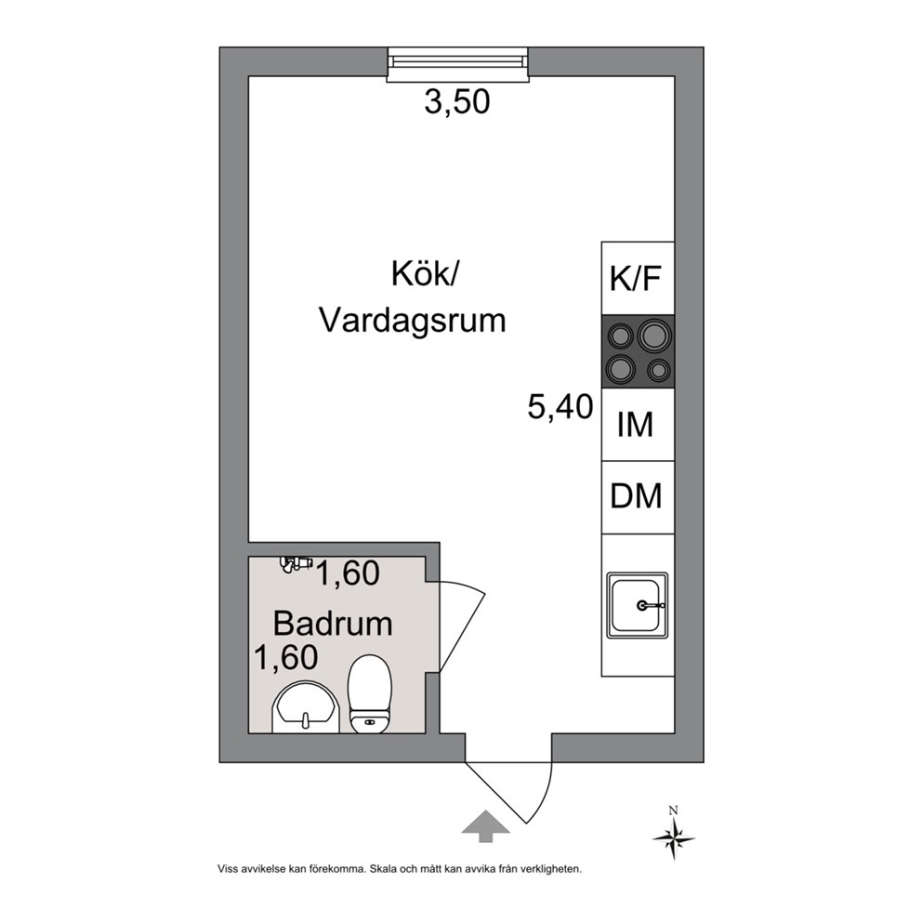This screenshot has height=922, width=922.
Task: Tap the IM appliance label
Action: point(635,424)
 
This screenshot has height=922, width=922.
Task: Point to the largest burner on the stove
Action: point(654,336)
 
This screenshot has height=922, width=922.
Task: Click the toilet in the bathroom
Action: point(369,694)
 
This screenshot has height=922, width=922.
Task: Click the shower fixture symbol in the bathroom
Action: point(296,564)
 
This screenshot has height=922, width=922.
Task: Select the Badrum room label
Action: point(333,624)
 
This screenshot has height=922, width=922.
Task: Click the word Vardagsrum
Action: point(412,321)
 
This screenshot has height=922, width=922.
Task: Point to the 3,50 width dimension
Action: point(457,101)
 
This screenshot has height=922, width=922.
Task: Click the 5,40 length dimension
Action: point(560,407)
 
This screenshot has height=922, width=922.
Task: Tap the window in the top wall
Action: point(458,64)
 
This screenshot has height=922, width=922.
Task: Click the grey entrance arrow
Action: point(485,826)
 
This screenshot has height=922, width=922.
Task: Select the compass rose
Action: point(674,839)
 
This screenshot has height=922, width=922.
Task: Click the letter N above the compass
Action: point(674,810)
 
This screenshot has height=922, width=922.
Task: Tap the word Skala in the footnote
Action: point(383,868)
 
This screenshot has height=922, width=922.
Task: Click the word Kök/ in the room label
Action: point(424,273)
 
